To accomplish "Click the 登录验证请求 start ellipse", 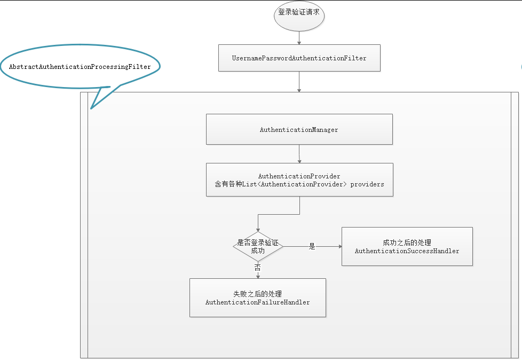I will pyautogui.click(x=299, y=13).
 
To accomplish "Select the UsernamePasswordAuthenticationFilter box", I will pyautogui.click(x=299, y=58).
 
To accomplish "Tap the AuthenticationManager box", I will pyautogui.click(x=299, y=129).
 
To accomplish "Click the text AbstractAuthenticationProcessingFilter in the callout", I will pyautogui.click(x=80, y=67).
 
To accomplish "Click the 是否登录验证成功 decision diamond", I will pyautogui.click(x=258, y=246).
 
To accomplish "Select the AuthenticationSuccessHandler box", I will pyautogui.click(x=407, y=246).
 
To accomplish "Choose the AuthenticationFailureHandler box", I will pyautogui.click(x=258, y=298).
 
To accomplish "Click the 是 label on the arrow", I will pyautogui.click(x=312, y=246).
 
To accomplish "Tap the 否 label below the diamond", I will pyautogui.click(x=258, y=267).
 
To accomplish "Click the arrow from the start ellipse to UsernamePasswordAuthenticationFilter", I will pyautogui.click(x=299, y=37).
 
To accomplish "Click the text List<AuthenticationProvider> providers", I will pyautogui.click(x=326, y=184).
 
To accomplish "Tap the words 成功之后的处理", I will pyautogui.click(x=407, y=242).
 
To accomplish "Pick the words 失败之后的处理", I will pyautogui.click(x=258, y=294).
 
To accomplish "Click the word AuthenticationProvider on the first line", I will pyautogui.click(x=299, y=176).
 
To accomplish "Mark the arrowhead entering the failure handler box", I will pyautogui.click(x=258, y=276).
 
